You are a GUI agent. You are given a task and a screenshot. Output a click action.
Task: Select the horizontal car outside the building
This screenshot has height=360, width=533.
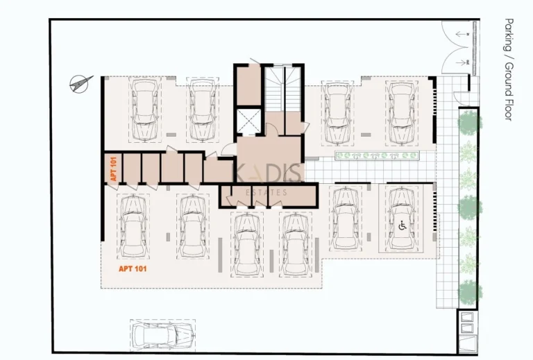click(162, 336)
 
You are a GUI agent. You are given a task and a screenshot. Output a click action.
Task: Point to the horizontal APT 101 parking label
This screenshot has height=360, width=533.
click(132, 268)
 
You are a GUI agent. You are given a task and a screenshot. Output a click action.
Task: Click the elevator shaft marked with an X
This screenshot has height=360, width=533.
click(247, 121)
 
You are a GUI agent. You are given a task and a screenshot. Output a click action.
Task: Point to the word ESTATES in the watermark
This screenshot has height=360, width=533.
click(266, 192)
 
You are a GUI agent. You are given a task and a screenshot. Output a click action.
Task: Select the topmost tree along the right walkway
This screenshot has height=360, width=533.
click(470, 123)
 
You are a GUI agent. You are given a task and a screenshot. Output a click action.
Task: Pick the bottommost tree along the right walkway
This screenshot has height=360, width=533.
click(470, 291)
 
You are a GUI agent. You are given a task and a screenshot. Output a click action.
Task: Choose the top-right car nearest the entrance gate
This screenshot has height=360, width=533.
click(400, 110)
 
